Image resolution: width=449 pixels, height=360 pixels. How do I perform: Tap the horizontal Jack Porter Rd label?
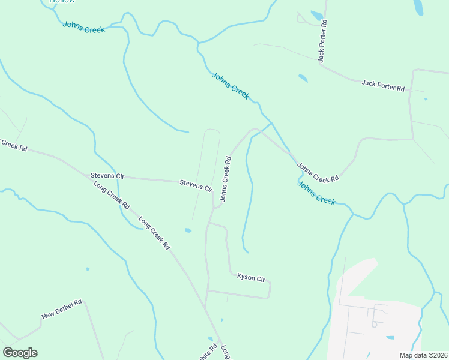[383, 85]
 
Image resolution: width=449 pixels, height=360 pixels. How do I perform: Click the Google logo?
[20, 353]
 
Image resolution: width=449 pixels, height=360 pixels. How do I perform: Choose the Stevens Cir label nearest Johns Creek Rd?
[196, 185]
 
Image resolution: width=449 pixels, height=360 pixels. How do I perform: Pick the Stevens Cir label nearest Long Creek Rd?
[107, 176]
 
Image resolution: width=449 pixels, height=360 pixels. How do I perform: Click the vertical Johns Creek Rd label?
[226, 179]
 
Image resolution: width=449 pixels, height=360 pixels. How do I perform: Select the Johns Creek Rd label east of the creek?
[318, 173]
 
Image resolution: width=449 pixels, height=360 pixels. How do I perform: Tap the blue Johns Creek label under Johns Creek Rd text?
[316, 193]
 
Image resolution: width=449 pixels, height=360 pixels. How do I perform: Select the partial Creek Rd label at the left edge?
[14, 145]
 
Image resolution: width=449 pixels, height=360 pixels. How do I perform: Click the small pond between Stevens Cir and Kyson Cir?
[188, 230]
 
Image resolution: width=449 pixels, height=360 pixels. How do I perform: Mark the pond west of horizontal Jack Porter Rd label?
[303, 78]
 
